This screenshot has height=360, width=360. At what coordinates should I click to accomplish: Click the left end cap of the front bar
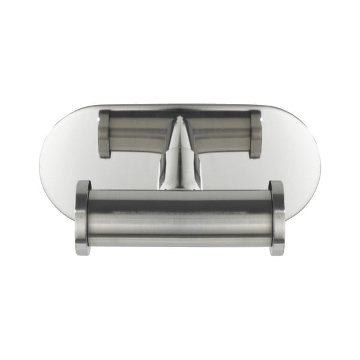click(x=82, y=217)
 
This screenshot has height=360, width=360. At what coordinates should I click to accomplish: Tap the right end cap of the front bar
click(x=277, y=217)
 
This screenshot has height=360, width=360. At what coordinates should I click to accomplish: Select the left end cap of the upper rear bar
click(x=104, y=133)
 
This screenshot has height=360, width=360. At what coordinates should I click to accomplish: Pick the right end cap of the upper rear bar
click(x=255, y=133)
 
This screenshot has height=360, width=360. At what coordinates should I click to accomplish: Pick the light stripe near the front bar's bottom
click(x=179, y=238)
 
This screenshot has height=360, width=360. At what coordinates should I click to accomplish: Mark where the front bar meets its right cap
click(x=269, y=217)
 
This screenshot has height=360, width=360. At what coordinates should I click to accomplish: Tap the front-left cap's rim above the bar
click(x=83, y=184)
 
